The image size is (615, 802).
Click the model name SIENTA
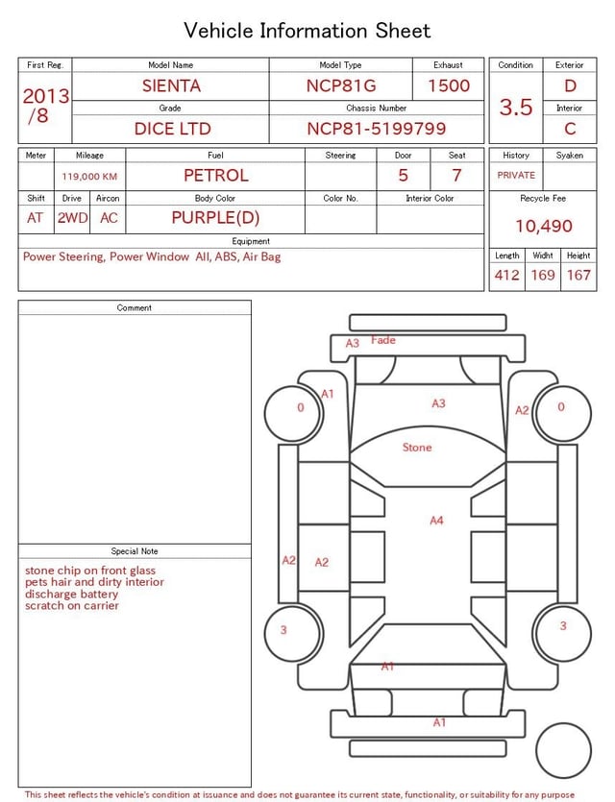click(171, 85)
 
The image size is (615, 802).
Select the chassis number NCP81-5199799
click(377, 129)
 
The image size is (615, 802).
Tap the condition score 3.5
click(516, 108)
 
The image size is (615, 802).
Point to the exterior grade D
click(570, 85)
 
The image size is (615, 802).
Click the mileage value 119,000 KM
click(89, 177)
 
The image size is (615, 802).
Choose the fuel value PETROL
click(216, 176)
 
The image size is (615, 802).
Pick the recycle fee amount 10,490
click(543, 226)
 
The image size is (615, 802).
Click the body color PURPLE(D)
click(215, 218)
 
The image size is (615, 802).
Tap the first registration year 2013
click(46, 96)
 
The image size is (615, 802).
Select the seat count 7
click(456, 176)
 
